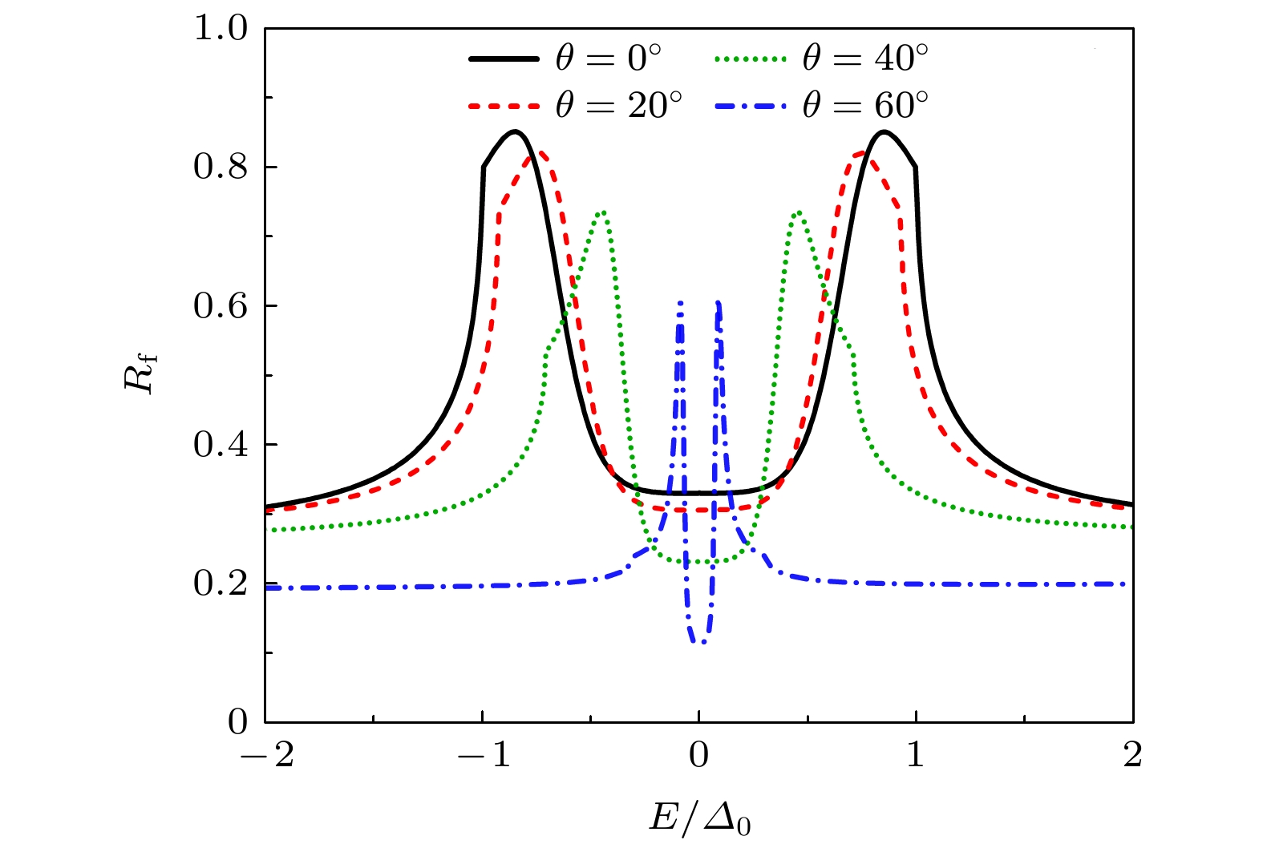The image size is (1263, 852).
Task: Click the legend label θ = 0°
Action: (609, 59)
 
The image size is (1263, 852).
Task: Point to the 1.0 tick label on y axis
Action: (221, 29)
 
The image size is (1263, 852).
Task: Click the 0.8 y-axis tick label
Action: (221, 168)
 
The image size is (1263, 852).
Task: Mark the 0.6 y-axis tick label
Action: (221, 306)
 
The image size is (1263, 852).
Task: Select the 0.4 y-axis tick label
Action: (221, 445)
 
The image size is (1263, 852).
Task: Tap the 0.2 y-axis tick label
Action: (221, 583)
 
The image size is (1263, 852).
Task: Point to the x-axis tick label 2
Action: (1132, 755)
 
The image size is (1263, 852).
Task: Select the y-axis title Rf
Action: (142, 374)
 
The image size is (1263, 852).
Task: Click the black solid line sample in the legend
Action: (504, 59)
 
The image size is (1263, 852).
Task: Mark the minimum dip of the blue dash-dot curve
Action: (699, 641)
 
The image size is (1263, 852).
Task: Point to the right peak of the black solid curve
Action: (883, 131)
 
